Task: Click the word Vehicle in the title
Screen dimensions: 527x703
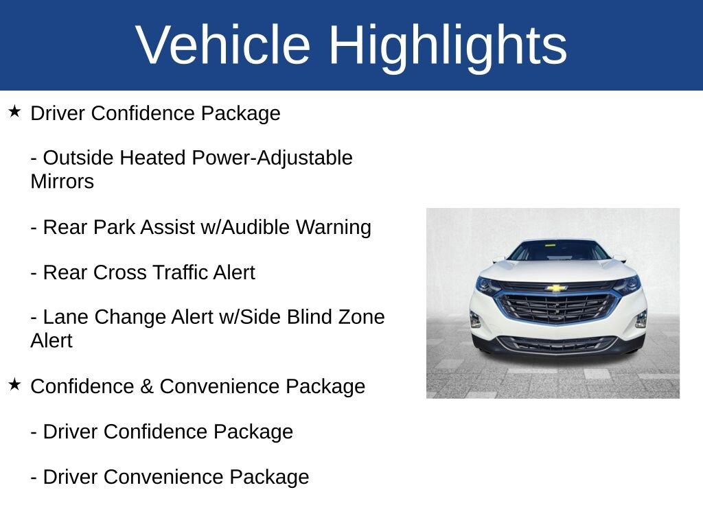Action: point(223,45)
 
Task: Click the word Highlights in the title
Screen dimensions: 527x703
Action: point(448,45)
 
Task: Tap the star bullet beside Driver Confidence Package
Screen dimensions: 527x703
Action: point(14,111)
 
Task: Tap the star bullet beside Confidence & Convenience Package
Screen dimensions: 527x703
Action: point(14,384)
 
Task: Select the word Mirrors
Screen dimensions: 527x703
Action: point(62,182)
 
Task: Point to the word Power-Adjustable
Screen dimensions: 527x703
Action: point(272,158)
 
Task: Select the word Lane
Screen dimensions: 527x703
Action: point(66,317)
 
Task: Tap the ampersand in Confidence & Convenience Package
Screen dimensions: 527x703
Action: point(147,386)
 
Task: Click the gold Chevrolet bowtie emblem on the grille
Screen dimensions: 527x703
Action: point(556,288)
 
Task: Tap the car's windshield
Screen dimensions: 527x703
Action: point(558,251)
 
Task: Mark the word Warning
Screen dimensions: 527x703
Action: point(333,227)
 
